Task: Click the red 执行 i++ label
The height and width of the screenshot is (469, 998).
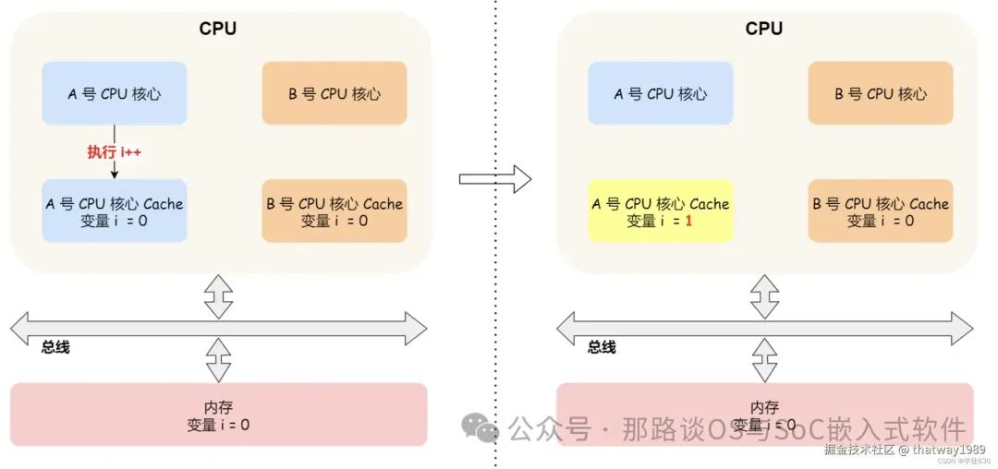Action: [114, 152]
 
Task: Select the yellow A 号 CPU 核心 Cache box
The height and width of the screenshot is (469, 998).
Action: [660, 211]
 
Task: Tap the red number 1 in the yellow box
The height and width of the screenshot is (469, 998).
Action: [688, 221]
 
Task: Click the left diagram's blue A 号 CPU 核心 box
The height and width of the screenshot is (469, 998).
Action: [114, 93]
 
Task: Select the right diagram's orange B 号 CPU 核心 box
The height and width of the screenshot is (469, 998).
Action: [880, 93]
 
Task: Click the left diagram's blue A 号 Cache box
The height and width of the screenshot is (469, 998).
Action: [114, 211]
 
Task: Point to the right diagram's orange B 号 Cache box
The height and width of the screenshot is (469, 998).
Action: [880, 211]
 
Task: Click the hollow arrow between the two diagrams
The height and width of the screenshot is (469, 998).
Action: [495, 177]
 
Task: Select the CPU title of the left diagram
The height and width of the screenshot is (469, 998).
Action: [218, 29]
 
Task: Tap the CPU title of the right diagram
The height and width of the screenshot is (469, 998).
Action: [764, 29]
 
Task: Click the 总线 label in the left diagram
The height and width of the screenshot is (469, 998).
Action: [55, 348]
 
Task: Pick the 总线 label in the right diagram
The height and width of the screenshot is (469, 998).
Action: [602, 348]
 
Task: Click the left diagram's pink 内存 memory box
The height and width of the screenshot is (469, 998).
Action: [218, 415]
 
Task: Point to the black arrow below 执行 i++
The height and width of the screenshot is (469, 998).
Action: [114, 170]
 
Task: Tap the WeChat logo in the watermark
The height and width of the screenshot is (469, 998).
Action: [481, 427]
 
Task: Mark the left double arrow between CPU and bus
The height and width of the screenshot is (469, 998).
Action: [218, 295]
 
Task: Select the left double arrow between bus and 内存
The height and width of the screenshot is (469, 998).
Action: [218, 360]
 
